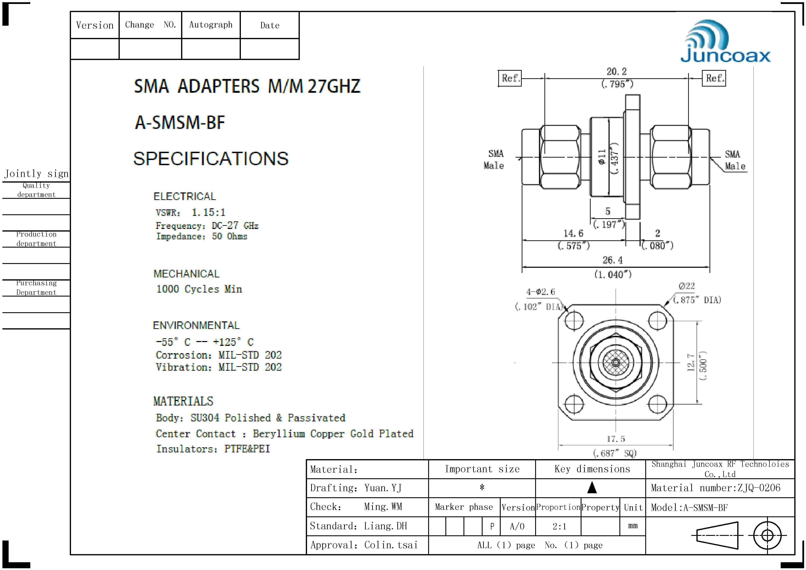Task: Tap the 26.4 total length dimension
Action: coord(613,260)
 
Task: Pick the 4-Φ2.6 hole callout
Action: coord(541,292)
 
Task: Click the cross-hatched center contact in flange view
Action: coord(616,362)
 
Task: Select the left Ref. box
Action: coord(510,78)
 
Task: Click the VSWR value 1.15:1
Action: coord(208,212)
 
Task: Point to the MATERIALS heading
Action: coord(183,401)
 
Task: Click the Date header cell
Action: coord(270,25)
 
